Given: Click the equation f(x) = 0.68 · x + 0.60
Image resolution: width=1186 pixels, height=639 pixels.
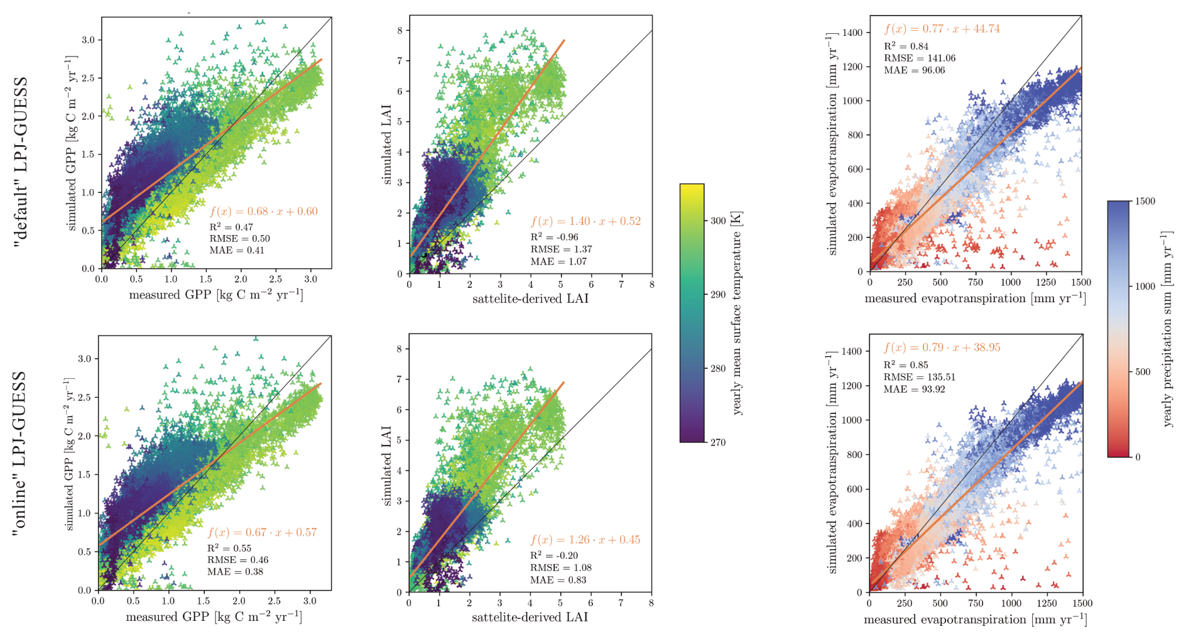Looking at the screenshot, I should click(264, 211).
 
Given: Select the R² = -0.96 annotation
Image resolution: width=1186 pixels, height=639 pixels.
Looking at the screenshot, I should click(554, 237).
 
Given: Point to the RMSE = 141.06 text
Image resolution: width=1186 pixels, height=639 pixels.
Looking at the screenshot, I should click(920, 58).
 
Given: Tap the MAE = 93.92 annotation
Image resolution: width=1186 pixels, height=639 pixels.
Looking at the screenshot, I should click(914, 389).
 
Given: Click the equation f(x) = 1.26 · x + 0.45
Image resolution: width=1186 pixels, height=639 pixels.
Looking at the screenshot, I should click(585, 540).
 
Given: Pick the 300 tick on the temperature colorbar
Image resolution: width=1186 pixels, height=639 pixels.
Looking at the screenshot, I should click(718, 221).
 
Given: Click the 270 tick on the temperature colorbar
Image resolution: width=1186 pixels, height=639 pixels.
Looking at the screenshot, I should click(718, 442).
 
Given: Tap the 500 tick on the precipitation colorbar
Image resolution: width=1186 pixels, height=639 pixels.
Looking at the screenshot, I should click(1143, 371).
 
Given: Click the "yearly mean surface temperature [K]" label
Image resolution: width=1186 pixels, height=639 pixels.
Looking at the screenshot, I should click(737, 313).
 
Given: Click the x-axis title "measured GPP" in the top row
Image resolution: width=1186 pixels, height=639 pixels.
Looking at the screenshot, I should click(215, 295).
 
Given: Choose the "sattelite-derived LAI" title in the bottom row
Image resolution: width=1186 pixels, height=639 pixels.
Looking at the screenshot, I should click(530, 617).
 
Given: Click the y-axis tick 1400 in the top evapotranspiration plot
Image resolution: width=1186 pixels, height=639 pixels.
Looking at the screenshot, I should click(853, 32).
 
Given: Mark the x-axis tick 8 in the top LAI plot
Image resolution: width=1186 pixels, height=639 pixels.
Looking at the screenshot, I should click(651, 285).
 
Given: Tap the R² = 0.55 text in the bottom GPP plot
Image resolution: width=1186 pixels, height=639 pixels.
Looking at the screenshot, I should click(229, 548).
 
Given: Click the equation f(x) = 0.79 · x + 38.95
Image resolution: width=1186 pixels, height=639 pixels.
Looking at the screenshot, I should click(942, 347).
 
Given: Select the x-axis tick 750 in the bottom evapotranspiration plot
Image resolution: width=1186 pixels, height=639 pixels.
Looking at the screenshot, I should click(976, 603).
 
